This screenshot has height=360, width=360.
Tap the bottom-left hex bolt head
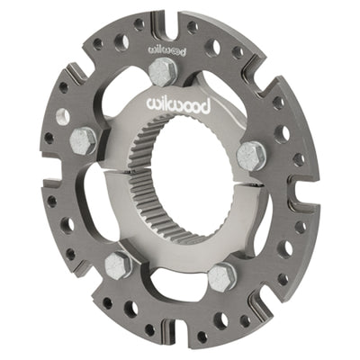point(119,264)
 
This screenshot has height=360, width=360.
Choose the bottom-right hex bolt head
point(222,275)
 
